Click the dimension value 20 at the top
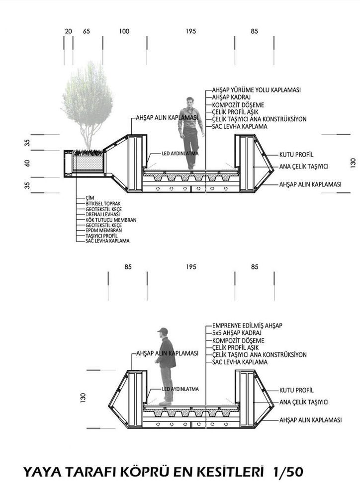[x=68, y=31]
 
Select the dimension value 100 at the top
[x=124, y=31]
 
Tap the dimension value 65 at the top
[x=87, y=31]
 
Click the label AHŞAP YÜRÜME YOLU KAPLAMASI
[x=256, y=90]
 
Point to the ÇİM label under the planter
[x=90, y=198]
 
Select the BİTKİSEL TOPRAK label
[x=103, y=203]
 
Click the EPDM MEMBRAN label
[x=104, y=231]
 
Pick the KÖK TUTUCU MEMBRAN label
[x=111, y=220]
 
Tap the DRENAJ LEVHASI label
[x=103, y=214]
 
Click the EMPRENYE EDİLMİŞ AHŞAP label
[x=248, y=326]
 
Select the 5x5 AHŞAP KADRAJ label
[x=237, y=333]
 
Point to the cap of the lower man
[x=163, y=331]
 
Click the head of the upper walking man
[x=190, y=102]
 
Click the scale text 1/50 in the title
[x=288, y=472]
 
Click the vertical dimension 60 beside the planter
[x=27, y=163]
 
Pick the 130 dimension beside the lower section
[x=83, y=398]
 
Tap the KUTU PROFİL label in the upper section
[x=296, y=155]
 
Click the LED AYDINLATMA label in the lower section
[x=180, y=389]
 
